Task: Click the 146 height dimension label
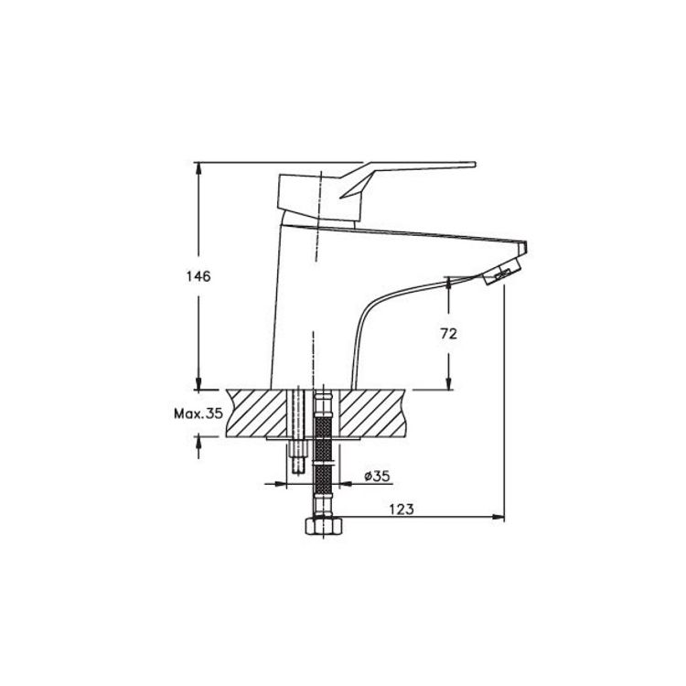(x=198, y=276)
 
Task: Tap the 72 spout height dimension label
(x=448, y=334)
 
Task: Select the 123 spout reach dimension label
(x=402, y=509)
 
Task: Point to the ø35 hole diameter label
(x=377, y=476)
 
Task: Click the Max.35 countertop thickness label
(x=198, y=413)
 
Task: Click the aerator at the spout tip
(x=502, y=272)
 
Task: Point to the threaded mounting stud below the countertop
(x=297, y=457)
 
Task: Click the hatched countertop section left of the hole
(x=256, y=413)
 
